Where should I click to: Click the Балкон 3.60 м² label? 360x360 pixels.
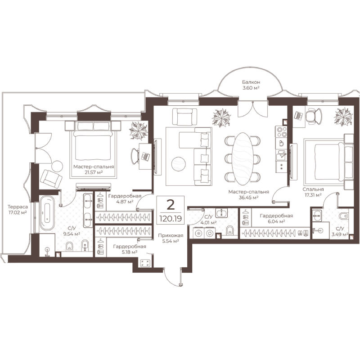pyautogui.click(x=251, y=85)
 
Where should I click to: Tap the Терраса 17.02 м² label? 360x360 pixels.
pyautogui.click(x=18, y=209)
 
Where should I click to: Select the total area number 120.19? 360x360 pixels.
pyautogui.click(x=171, y=219)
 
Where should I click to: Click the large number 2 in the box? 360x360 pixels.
pyautogui.click(x=171, y=205)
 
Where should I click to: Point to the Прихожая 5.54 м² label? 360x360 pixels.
pyautogui.click(x=171, y=238)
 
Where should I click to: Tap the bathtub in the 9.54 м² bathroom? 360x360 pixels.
pyautogui.click(x=47, y=213)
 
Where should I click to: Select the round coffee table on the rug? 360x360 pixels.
pyautogui.click(x=179, y=164)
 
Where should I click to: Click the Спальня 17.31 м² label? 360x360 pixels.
pyautogui.click(x=313, y=192)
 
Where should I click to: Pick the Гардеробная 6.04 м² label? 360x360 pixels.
pyautogui.click(x=276, y=218)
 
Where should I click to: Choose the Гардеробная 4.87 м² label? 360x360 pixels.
pyautogui.click(x=125, y=199)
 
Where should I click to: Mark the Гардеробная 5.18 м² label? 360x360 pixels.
pyautogui.click(x=130, y=249)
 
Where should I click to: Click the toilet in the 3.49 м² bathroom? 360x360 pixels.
pyautogui.click(x=343, y=216)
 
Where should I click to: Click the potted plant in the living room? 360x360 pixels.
pyautogui.click(x=221, y=118)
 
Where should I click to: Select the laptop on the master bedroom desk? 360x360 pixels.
pyautogui.click(x=145, y=157)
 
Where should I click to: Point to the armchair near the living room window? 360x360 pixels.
pyautogui.click(x=184, y=117)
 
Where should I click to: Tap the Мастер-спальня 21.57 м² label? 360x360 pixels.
pyautogui.click(x=94, y=169)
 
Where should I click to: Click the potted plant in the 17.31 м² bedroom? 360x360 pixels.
pyautogui.click(x=343, y=117)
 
